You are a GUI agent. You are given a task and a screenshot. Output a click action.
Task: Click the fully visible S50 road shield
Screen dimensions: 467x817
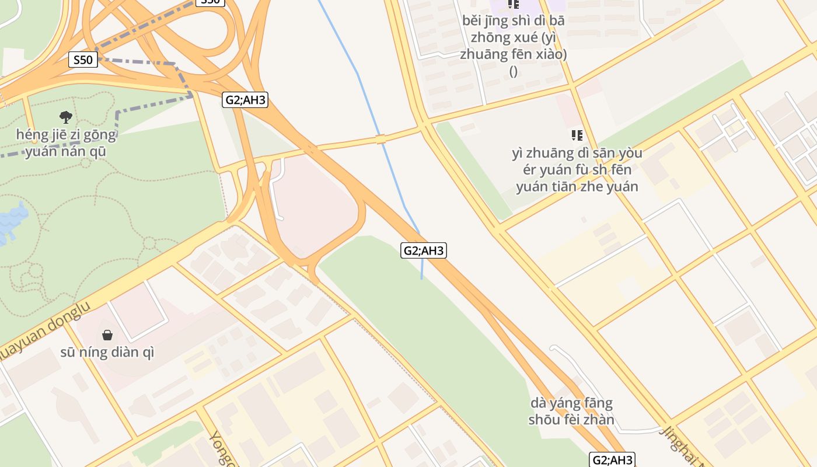pyautogui.click(x=83, y=60)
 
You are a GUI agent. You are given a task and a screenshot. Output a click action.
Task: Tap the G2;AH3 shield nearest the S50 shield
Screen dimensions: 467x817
pyautogui.click(x=245, y=100)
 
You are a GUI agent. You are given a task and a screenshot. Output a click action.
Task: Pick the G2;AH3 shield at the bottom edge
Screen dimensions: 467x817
pyautogui.click(x=612, y=460)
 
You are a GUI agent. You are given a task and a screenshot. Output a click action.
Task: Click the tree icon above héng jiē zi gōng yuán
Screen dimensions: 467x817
pyautogui.click(x=66, y=117)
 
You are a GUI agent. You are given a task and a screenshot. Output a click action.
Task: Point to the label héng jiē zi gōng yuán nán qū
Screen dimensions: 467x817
pyautogui.click(x=66, y=144)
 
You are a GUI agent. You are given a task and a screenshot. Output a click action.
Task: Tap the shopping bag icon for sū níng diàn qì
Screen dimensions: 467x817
pyautogui.click(x=107, y=335)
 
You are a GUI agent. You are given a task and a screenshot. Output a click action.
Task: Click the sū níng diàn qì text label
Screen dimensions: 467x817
pyautogui.click(x=107, y=353)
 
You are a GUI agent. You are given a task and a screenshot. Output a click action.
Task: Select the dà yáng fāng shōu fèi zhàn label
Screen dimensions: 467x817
pyautogui.click(x=572, y=412)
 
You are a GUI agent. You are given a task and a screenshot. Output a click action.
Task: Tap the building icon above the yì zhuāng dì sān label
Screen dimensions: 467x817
pyautogui.click(x=577, y=135)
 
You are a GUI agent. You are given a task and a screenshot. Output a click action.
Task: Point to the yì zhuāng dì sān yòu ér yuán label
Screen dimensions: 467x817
pyautogui.click(x=577, y=170)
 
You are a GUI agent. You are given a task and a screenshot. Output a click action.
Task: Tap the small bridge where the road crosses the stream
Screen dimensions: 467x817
pyautogui.click(x=380, y=139)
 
